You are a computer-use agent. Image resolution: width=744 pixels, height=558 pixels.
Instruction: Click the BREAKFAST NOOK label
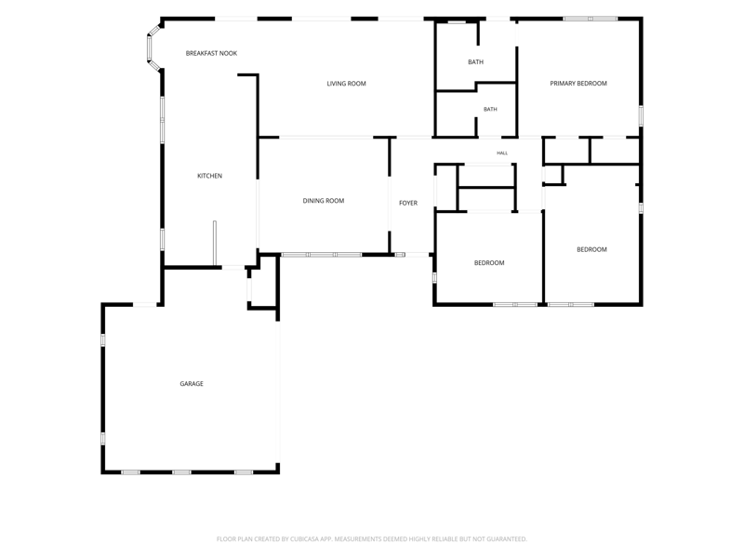(211, 53)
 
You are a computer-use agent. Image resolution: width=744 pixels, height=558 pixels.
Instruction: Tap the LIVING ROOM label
(346, 84)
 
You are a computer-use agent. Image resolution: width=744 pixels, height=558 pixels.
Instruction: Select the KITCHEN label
(210, 176)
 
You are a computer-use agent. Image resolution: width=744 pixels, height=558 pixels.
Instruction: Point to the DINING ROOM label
(324, 201)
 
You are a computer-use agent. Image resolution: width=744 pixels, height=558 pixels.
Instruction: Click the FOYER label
(408, 203)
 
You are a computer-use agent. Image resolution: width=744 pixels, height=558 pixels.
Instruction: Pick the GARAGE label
(192, 384)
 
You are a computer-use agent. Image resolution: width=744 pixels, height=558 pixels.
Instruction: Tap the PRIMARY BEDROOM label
(578, 84)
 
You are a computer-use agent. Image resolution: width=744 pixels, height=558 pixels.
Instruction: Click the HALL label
(502, 153)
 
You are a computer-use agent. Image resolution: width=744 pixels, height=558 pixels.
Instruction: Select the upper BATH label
(476, 62)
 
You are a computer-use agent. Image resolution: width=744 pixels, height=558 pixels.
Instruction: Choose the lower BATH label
(490, 110)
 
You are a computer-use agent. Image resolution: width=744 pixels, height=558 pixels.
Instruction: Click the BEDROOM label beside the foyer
(489, 263)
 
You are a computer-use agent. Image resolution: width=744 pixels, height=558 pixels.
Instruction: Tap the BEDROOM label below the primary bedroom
(591, 249)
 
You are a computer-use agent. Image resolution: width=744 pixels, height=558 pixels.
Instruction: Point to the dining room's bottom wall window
(322, 255)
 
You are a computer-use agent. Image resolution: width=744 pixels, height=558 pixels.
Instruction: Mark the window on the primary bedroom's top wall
(591, 19)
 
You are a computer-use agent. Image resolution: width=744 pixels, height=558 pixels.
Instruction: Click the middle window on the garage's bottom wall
(181, 472)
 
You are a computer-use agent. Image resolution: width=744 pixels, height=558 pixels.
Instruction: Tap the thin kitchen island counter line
(215, 243)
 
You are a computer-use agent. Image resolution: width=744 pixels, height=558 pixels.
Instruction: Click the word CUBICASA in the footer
(304, 539)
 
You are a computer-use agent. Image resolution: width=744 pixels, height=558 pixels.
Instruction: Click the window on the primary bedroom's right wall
(641, 115)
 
